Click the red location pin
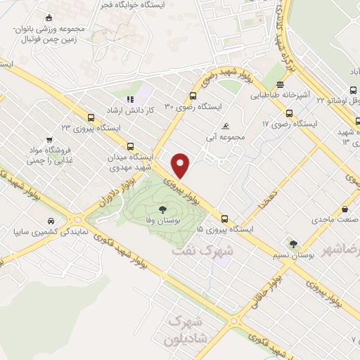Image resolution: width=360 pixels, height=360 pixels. coord(181,165)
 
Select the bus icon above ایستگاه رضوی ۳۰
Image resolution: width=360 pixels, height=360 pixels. coord(193,96)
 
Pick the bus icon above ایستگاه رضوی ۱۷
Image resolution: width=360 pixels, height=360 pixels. coord(288,114)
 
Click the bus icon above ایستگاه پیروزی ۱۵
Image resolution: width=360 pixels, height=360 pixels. coord(225,219)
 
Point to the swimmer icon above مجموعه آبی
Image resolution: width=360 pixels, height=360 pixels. coord(225,127)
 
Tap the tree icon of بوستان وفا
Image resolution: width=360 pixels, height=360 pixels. coord(163,209)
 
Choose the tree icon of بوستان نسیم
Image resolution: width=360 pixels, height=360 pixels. coord(292,245)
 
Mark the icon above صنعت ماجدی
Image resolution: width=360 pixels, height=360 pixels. coord(345,209)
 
